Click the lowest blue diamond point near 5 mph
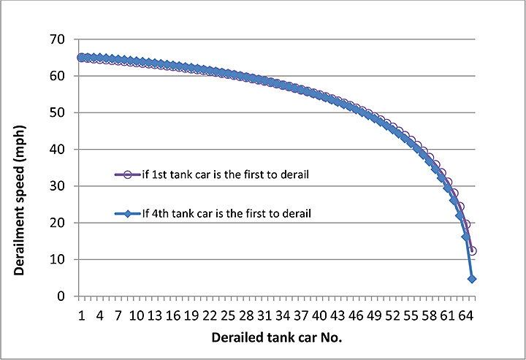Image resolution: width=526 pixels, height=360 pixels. tap(472, 279)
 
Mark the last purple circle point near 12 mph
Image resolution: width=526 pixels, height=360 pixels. tap(473, 250)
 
